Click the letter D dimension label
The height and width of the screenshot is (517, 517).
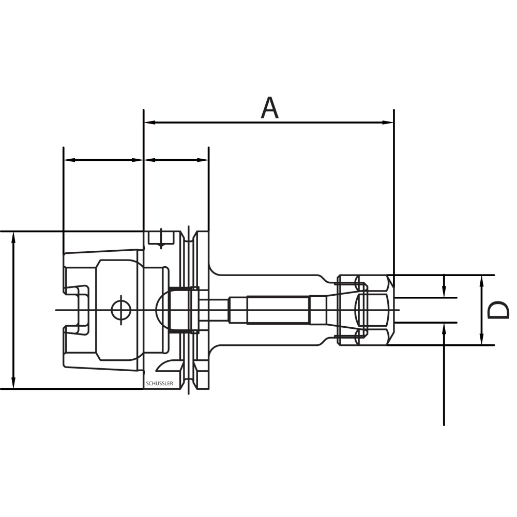499,311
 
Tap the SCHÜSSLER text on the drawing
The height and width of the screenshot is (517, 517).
160,384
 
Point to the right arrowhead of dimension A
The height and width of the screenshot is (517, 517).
388,123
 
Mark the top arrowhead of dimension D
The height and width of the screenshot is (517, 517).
482,280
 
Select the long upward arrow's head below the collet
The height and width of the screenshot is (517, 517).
445,327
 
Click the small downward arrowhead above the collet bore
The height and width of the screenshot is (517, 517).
445,293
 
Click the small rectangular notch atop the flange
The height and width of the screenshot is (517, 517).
160,238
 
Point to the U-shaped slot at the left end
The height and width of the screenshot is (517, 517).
78,310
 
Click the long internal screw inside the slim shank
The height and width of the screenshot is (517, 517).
278,310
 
